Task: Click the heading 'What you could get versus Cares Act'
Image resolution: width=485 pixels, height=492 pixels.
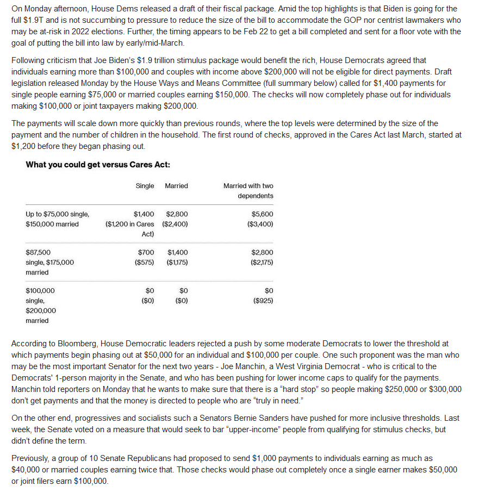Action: tap(98, 165)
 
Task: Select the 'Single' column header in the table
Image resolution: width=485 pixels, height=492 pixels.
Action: tap(145, 186)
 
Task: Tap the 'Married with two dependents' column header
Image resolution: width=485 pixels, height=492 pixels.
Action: tap(248, 191)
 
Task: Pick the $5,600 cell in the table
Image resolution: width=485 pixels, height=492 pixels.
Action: tap(263, 214)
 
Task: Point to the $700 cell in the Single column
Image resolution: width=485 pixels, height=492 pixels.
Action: tap(146, 252)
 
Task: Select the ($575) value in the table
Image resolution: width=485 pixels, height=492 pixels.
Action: tap(144, 262)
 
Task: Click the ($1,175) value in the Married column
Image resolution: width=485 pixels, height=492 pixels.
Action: tap(176, 262)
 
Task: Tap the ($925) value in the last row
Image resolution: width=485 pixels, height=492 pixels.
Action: tap(263, 301)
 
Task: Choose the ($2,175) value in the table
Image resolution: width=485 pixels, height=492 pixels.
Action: tap(262, 262)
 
